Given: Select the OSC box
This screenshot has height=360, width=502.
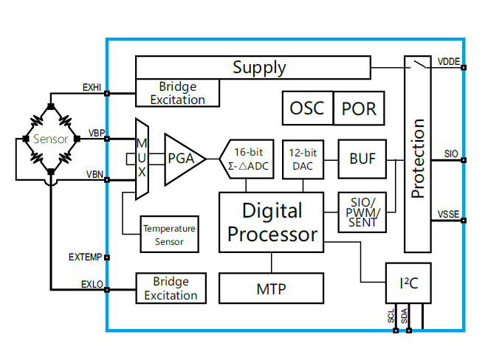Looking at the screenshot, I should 307,108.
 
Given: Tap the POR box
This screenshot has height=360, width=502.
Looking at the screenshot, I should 360,108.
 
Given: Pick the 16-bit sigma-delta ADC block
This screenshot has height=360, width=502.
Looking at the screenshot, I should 248,159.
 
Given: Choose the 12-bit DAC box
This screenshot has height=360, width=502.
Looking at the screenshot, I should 303,159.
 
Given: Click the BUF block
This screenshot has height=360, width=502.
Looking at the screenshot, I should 362,159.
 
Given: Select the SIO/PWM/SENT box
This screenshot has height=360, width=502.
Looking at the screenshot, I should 362,212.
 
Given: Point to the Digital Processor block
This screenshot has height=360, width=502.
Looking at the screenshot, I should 272,223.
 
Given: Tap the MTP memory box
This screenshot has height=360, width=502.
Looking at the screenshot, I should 271,288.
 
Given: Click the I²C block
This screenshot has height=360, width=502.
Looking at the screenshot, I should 405,283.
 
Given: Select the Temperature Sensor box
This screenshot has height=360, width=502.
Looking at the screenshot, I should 169,235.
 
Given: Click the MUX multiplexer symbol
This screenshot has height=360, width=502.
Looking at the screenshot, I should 142,158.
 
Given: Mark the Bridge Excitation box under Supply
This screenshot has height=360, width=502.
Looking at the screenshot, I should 177,93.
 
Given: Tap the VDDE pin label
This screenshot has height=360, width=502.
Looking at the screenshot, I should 448,60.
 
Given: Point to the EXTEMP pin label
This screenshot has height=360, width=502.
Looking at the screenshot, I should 84,257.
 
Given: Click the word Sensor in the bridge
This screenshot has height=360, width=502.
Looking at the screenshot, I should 50,139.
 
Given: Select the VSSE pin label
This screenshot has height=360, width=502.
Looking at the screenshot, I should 448,214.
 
